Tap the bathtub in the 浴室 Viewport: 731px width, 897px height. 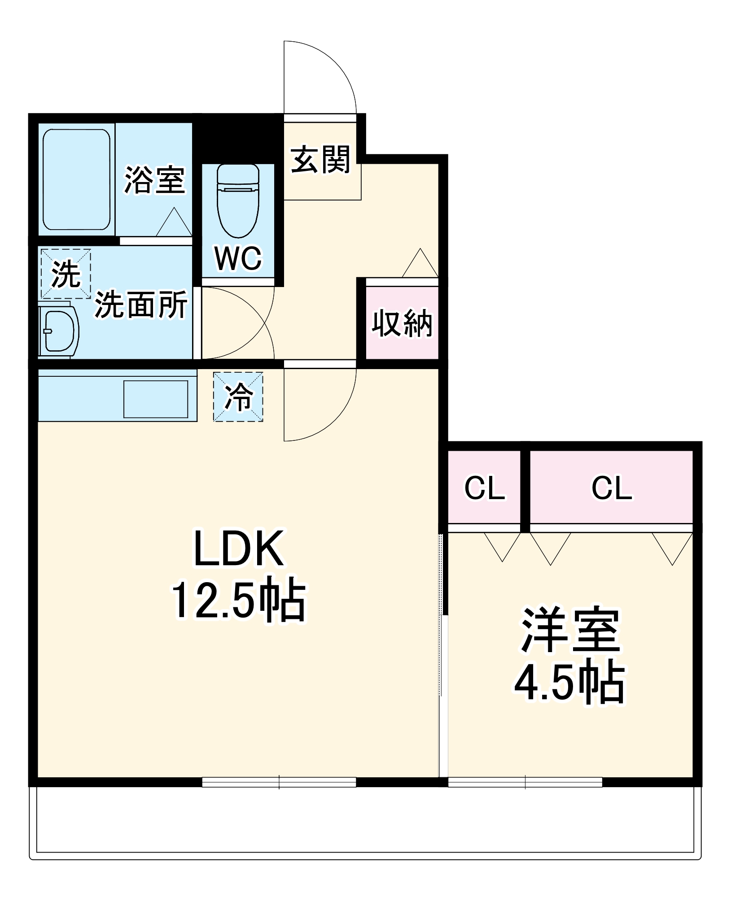[x=76, y=179]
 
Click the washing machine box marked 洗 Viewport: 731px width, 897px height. [x=66, y=274]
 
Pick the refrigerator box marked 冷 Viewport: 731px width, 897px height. [x=238, y=397]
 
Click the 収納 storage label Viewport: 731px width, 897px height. [x=402, y=323]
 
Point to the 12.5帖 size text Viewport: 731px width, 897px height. [x=239, y=601]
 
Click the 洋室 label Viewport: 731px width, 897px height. [x=570, y=630]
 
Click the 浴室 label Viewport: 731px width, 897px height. [x=154, y=180]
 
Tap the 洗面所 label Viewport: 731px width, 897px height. [x=140, y=305]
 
